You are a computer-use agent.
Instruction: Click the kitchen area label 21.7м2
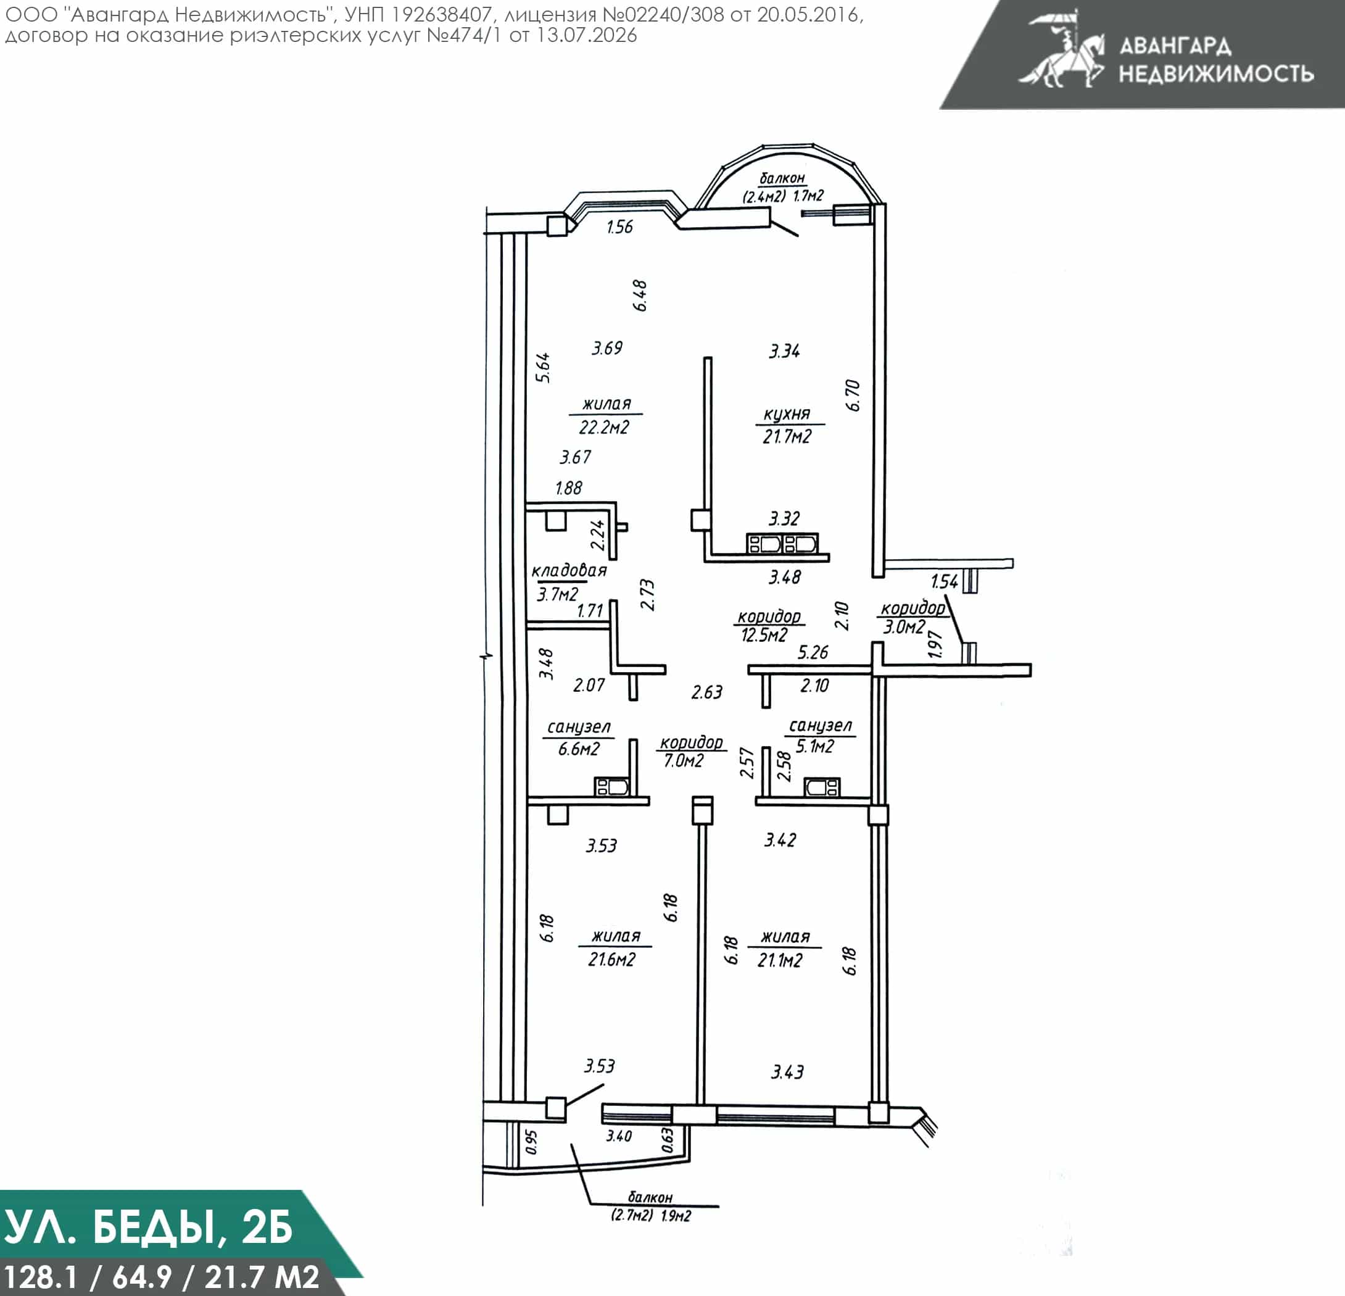pos(787,436)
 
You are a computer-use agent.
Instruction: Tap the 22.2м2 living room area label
pos(604,428)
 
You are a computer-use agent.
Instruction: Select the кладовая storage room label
pos(569,570)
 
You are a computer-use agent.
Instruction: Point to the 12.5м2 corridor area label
pos(764,635)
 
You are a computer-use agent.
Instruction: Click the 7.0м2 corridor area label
pos(684,760)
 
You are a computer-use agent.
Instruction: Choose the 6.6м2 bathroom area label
pos(579,749)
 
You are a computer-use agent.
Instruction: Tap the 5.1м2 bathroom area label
pos(815,746)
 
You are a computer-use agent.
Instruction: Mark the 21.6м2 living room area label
pos(611,960)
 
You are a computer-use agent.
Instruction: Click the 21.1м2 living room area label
pos(780,960)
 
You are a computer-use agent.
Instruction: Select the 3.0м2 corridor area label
pos(904,627)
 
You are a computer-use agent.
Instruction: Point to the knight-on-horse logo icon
pos(1061,49)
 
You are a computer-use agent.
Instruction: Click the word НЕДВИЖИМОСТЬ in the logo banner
pos(1217,73)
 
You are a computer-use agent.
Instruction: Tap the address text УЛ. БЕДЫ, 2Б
pos(148,1227)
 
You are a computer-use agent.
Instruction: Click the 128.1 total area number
pos(42,1277)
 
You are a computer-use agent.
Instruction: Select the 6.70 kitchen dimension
pos(853,396)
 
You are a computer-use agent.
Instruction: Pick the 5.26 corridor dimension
pos(813,652)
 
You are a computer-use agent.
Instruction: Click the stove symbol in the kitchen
pos(782,544)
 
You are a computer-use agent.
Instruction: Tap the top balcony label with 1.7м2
pos(782,188)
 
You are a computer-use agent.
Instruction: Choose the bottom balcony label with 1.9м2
pos(650,1207)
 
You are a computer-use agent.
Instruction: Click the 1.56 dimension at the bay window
pos(619,227)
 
